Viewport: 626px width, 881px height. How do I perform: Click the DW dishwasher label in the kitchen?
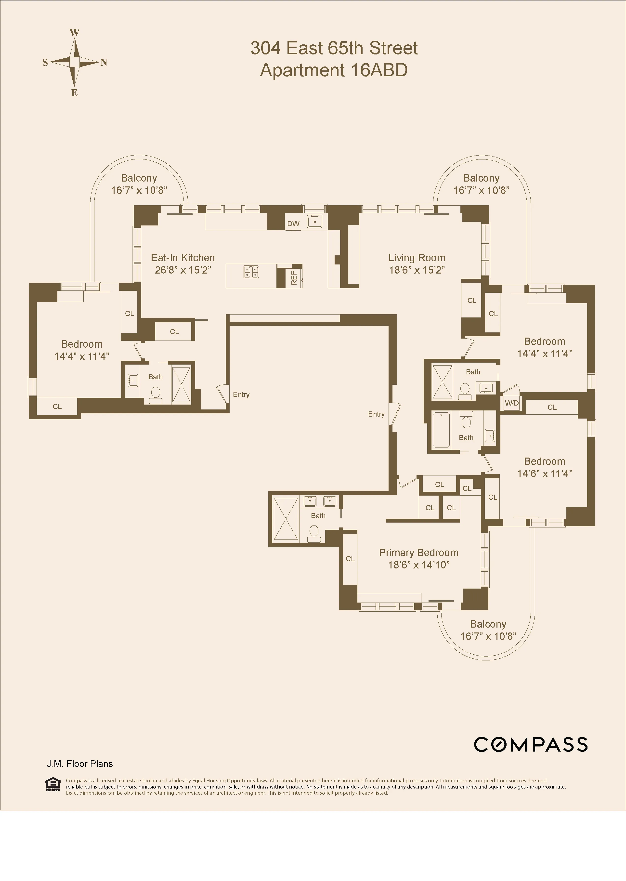(293, 224)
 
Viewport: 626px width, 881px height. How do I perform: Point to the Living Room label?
(417, 258)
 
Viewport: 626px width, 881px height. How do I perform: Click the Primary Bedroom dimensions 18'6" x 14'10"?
(419, 565)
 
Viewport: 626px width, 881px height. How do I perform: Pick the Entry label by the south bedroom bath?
(241, 394)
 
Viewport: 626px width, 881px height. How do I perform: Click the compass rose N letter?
(104, 63)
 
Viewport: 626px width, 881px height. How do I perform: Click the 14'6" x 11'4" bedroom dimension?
(544, 473)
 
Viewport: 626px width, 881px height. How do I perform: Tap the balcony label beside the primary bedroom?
(488, 624)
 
